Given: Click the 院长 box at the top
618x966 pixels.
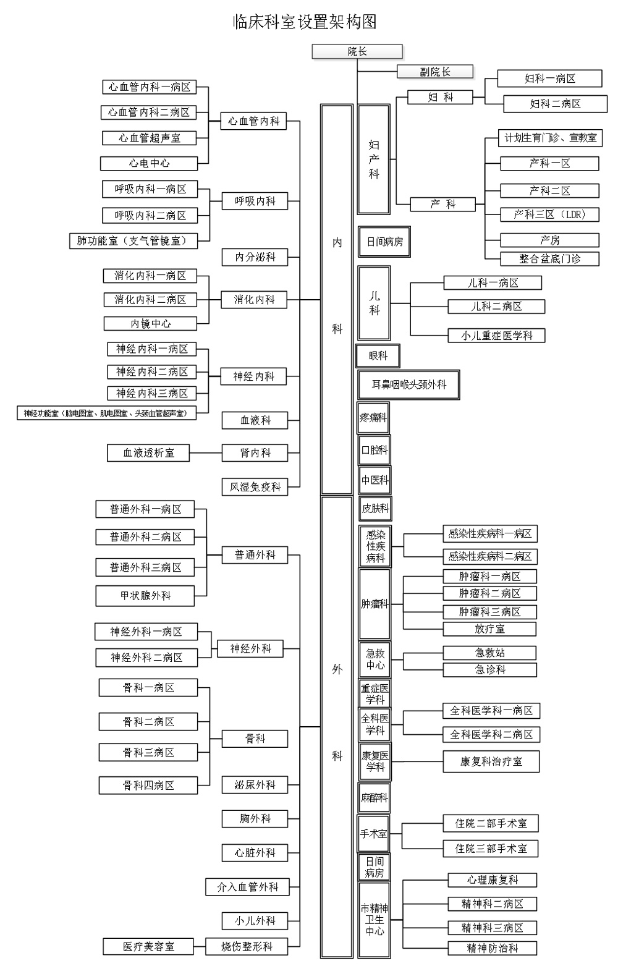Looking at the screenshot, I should point(357,52).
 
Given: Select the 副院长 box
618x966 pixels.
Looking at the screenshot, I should point(435,72).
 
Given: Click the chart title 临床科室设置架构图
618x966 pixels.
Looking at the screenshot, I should point(305,22).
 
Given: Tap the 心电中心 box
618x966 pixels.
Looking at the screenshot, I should point(149,163).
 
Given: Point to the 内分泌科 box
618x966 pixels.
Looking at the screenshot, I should point(255,257).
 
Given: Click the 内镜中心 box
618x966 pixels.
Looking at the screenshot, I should point(150,323).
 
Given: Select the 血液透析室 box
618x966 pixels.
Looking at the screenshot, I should point(148,453).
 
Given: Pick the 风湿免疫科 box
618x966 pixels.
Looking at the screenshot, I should point(255,487).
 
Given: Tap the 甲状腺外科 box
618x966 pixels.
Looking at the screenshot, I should point(145,596).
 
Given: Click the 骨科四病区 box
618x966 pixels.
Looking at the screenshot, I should point(148,786).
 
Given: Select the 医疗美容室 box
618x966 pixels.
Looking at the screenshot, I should point(148,946).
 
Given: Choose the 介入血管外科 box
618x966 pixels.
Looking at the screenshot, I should point(247,887).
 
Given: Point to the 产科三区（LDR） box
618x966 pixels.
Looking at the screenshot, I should point(549,214).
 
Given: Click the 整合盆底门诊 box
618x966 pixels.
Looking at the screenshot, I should point(549,258).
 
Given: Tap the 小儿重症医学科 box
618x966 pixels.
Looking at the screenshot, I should point(496,336).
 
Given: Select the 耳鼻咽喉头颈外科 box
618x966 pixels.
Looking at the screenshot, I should point(408,384).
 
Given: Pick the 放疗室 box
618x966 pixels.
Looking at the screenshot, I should point(489,629).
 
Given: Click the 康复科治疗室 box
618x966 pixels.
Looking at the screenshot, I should point(491,761).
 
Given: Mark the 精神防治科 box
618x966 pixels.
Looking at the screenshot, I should point(492,948).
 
